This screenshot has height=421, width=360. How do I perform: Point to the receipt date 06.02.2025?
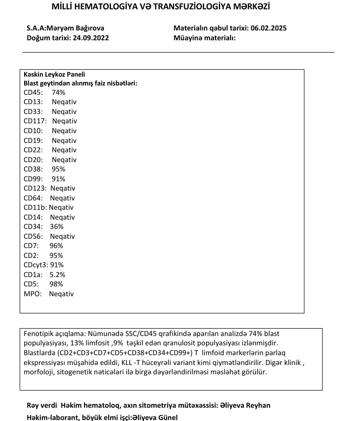pos(268,28)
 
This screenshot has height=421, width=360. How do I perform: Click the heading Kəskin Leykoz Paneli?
pos(54,74)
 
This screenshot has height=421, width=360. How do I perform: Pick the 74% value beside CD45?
pos(58,92)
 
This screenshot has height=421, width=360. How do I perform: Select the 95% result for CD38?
pos(58,169)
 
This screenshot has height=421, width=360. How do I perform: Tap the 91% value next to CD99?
pos(58,179)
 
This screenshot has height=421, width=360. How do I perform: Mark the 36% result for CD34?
pos(57,226)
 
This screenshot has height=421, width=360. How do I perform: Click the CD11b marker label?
pos(35,207)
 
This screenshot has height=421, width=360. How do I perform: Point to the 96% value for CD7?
pos(57,246)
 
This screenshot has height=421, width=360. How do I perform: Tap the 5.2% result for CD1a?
pos(58,275)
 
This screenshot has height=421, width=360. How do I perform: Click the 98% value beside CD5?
pos(57,284)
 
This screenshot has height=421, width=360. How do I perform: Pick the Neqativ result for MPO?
pos(61,294)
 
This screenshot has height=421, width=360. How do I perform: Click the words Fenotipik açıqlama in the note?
pos(53,333)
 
